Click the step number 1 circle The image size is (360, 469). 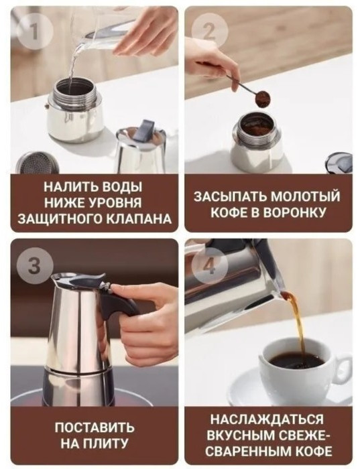36,31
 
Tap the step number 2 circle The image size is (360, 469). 208,31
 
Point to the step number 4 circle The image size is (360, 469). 208,265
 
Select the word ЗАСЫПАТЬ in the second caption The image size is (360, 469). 229,196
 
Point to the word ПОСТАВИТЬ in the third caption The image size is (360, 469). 95,427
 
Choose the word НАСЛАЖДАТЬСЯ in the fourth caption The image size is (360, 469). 267,419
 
